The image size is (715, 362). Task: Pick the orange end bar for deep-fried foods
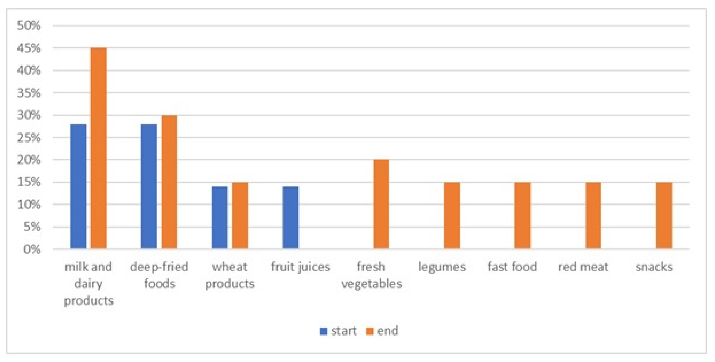coord(169,182)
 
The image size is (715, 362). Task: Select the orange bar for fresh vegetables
coord(381,204)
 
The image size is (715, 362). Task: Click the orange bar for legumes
coord(452,215)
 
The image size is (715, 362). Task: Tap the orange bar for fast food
coord(523,215)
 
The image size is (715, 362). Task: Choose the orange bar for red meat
coord(593,215)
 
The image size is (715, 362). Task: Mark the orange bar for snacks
coord(664,215)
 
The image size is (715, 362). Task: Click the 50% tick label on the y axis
coord(29,26)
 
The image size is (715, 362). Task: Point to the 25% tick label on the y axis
coord(29,138)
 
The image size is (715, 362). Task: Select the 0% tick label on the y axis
coord(32,249)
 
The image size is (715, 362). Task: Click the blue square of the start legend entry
coord(324,331)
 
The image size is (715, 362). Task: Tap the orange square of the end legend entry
coord(370,331)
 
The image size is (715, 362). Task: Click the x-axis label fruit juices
coord(300,267)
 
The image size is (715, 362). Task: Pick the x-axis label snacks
coord(654,267)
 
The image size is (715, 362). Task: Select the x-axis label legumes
coord(442,267)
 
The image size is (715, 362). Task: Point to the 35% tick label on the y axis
coord(29,93)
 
